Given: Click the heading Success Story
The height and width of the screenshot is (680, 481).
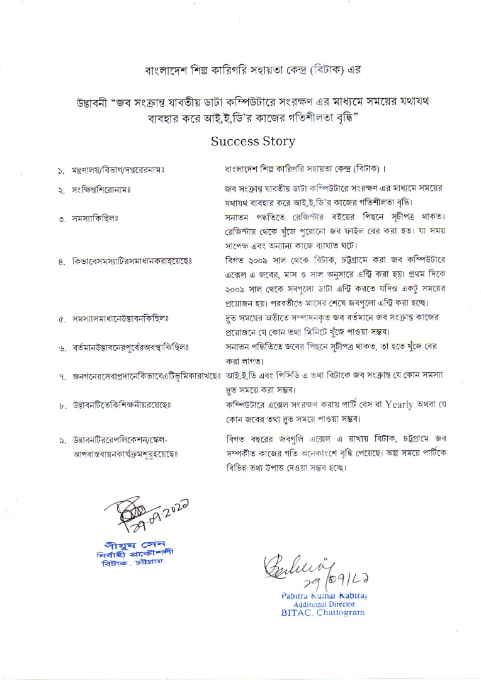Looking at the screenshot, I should [x=253, y=140].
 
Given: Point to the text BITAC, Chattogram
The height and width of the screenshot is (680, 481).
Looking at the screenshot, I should [x=322, y=612].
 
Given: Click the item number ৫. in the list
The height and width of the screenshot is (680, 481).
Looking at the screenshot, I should [x=61, y=319].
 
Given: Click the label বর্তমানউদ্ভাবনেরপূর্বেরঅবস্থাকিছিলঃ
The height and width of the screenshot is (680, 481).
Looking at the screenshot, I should [x=132, y=348].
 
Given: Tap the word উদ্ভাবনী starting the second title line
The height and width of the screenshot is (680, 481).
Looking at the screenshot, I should [x=89, y=104].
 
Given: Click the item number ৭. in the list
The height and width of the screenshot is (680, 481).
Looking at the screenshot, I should [x=61, y=377].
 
